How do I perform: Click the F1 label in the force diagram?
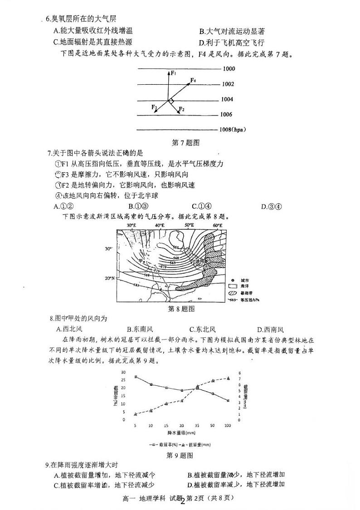tap(173, 72)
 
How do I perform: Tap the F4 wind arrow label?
tap(193, 80)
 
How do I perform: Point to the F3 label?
tap(154, 107)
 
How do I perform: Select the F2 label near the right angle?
tap(181, 109)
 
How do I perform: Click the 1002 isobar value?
tap(228, 84)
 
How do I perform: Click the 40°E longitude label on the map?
tap(160, 225)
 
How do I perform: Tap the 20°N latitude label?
tap(109, 278)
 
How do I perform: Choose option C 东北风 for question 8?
tap(202, 330)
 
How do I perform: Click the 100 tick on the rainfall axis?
tap(228, 426)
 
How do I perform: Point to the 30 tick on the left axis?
tap(123, 372)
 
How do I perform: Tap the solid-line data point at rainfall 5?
tap(136, 377)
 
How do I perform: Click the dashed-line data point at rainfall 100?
tap(228, 378)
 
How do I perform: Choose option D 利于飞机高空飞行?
tap(231, 43)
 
